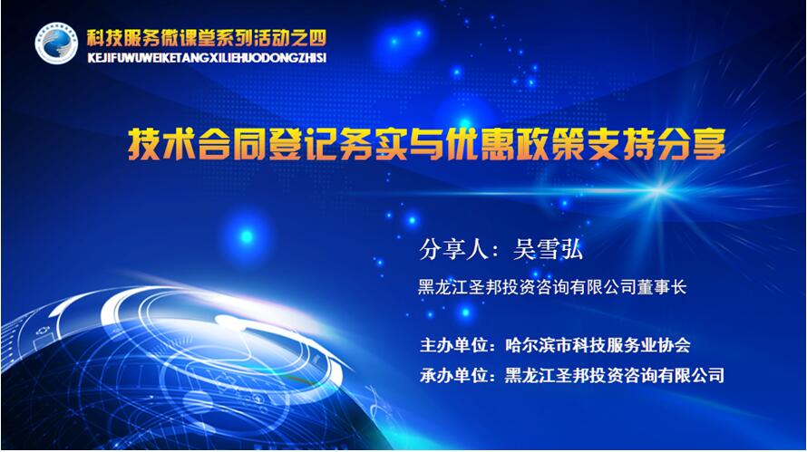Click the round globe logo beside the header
(56, 43)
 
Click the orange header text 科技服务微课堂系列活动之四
(207, 37)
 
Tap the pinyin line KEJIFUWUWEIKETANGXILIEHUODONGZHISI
(207, 58)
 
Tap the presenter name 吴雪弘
(548, 250)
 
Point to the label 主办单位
(453, 345)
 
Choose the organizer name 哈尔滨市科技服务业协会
(598, 345)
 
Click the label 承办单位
(453, 375)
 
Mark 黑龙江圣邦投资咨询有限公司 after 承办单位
(614, 375)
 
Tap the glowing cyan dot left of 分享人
(247, 236)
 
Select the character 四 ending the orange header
(318, 37)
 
